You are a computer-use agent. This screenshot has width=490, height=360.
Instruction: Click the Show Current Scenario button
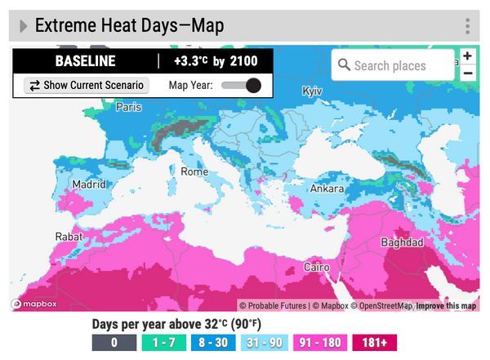point(87,85)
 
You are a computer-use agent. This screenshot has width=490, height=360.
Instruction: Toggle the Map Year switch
point(242,85)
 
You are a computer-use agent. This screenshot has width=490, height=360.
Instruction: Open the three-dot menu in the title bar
point(467,26)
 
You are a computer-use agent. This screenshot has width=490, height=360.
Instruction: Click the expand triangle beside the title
point(24,26)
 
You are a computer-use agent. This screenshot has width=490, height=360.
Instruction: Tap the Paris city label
point(128,107)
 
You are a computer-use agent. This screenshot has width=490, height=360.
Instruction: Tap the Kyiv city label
point(312,91)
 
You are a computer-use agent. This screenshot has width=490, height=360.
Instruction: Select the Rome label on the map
point(194,171)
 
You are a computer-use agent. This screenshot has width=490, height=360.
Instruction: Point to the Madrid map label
point(88,184)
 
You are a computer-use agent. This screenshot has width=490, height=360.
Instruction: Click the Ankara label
point(327,189)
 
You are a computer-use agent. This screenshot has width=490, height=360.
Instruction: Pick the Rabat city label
point(68,237)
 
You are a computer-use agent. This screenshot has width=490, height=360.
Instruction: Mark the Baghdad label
point(402,242)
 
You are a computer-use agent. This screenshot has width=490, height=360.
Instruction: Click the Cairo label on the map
point(316,267)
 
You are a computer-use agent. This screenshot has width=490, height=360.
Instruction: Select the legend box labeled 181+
point(374,343)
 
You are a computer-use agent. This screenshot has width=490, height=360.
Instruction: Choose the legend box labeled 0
point(114,343)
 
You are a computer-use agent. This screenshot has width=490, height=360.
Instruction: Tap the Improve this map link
point(446,306)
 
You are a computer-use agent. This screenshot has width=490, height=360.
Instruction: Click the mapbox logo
point(33,305)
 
